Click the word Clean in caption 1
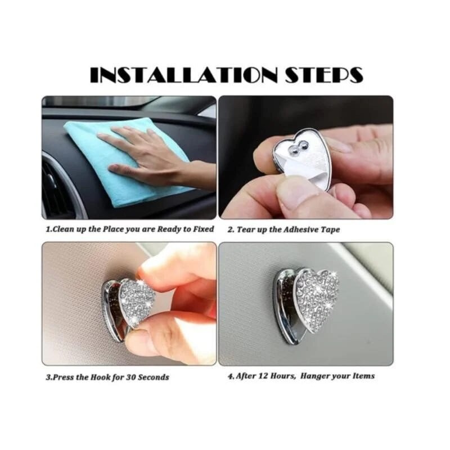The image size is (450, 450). [x=64, y=229]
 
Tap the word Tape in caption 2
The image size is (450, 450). [x=331, y=229]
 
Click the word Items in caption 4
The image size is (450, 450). [x=364, y=376]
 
